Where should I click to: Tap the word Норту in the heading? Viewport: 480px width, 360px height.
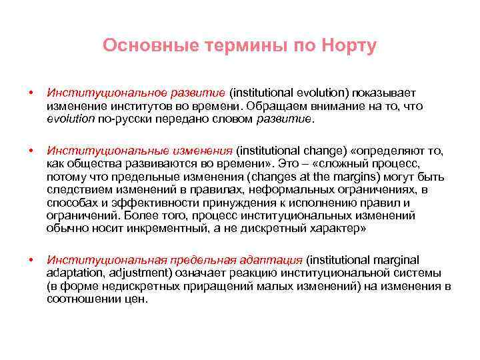[349, 46]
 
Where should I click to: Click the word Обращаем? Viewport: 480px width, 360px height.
[271, 107]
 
